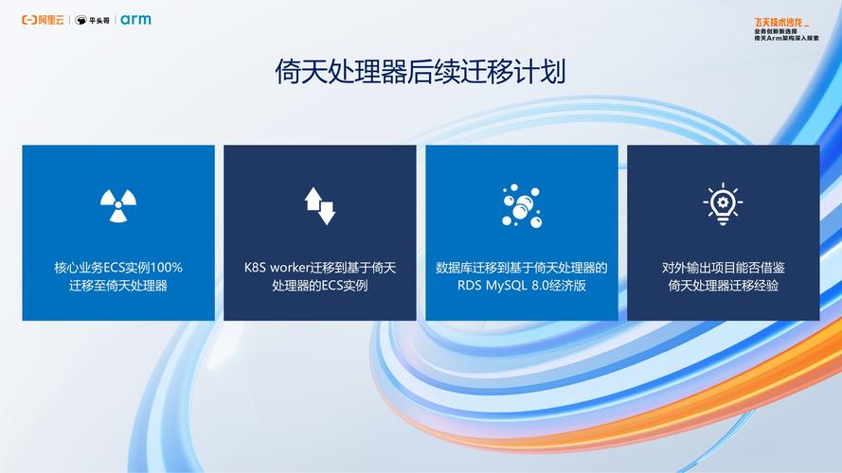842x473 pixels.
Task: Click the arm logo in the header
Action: coord(135,20)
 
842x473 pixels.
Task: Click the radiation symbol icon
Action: coord(118,205)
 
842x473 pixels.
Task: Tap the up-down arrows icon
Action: coord(320,205)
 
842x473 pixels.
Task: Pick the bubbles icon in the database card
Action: coord(521,205)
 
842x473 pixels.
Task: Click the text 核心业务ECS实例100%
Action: coord(118,268)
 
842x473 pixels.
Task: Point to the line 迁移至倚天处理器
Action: coord(118,285)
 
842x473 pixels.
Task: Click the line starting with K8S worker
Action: coord(320,268)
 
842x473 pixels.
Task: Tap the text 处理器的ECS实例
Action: coord(320,285)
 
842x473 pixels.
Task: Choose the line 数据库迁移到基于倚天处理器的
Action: coord(521,268)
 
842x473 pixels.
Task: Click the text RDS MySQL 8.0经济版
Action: coord(521,285)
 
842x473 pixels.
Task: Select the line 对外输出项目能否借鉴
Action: coord(723,268)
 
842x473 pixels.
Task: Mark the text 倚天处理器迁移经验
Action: coord(723,285)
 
